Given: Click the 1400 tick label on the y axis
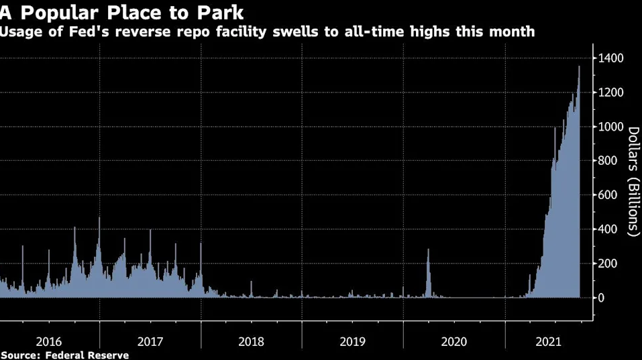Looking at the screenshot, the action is pos(610,58).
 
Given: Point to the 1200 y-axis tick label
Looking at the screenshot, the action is pos(610,93).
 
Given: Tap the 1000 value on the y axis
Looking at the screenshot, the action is pos(610,127).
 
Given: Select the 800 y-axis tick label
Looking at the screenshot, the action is pos(608,160).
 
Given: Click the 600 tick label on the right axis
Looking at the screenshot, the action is pos(608,194).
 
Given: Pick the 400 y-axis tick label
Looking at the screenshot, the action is pos(608,229).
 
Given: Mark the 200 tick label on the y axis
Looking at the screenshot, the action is pos(608,263).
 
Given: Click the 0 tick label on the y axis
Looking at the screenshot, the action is pos(601,298).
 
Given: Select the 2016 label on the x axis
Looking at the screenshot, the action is pos(49,342).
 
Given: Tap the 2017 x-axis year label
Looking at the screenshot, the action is pos(150,342).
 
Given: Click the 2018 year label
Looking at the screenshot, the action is pos(252,342).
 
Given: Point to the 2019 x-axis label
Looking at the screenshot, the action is pos(352,342).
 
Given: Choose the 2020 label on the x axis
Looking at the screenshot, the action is pos(454,342).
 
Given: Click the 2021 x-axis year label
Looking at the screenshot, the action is pos(549,342).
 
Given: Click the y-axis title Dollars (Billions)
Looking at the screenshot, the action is pos(633,182).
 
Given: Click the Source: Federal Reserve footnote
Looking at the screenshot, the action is pos(64,355).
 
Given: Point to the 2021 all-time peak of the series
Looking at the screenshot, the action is pos(579,66).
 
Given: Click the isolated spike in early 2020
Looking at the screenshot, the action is pos(428,249).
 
